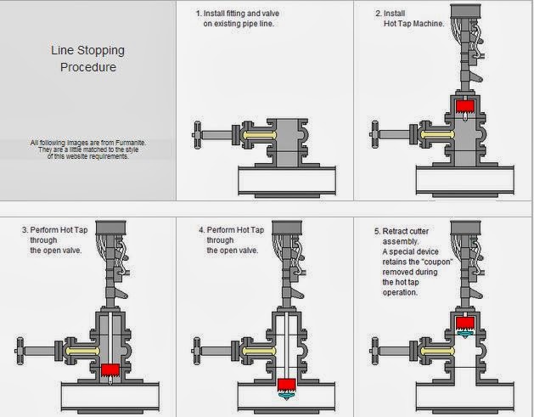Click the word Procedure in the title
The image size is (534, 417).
(x=87, y=66)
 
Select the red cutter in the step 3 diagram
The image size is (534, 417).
(x=110, y=371)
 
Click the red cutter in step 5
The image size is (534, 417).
(x=464, y=323)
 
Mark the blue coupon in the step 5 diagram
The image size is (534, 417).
(x=464, y=335)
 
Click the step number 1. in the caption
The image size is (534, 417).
(x=199, y=14)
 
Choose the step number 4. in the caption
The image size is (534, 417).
(x=200, y=230)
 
